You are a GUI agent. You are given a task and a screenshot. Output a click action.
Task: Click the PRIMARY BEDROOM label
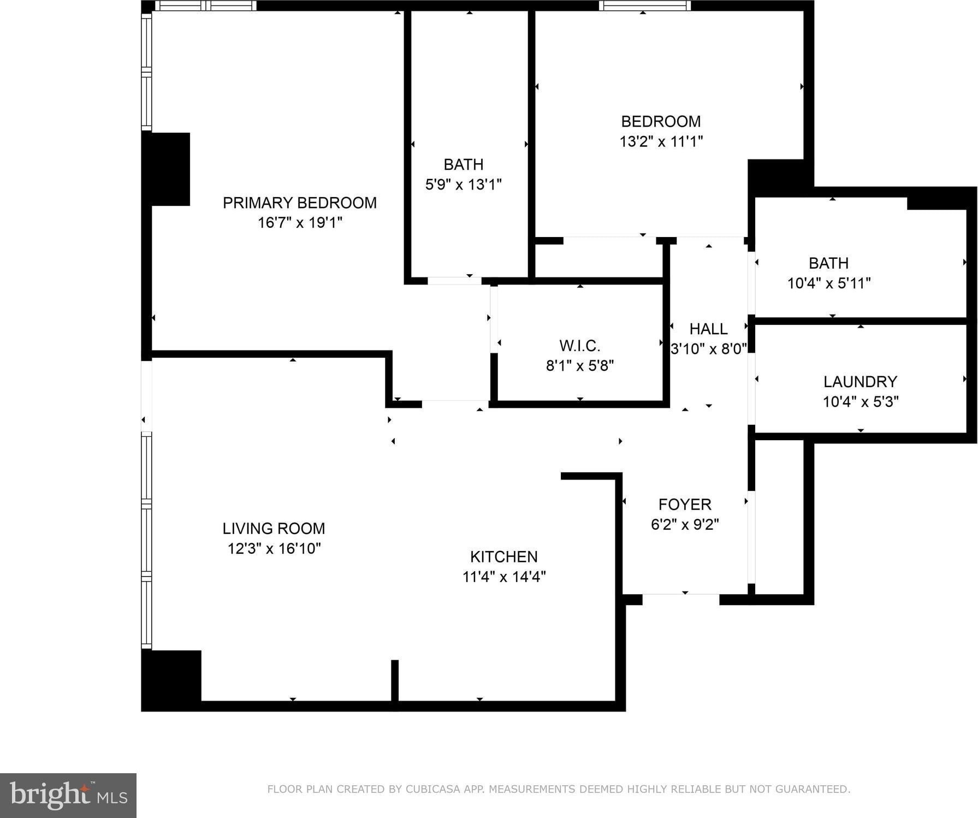point(299,203)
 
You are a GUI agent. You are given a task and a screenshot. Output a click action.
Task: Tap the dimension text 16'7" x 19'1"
point(300,222)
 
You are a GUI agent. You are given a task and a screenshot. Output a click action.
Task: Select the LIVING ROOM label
point(274,529)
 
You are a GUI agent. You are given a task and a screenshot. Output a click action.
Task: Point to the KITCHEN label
point(504,556)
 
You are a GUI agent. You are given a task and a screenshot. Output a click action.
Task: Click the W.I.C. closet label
point(580,346)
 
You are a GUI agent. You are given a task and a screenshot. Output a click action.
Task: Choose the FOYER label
point(685,505)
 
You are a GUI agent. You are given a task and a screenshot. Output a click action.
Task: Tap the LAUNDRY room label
point(861,382)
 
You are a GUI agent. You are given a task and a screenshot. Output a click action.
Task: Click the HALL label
point(709,329)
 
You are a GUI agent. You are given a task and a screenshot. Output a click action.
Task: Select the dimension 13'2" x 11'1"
point(661,141)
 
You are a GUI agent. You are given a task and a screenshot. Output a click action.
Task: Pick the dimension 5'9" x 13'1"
point(464,185)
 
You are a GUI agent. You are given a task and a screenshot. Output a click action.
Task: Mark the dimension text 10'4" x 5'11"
point(829,283)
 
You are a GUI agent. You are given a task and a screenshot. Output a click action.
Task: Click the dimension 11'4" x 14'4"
point(504,577)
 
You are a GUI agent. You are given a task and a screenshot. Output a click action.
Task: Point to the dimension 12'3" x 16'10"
point(274,548)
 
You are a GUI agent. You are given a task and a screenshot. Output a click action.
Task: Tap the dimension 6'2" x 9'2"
point(685,524)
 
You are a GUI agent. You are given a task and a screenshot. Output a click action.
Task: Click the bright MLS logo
point(68,795)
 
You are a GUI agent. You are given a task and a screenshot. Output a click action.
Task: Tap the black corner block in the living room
point(171,680)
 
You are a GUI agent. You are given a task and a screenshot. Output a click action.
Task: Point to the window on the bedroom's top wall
point(645,5)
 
